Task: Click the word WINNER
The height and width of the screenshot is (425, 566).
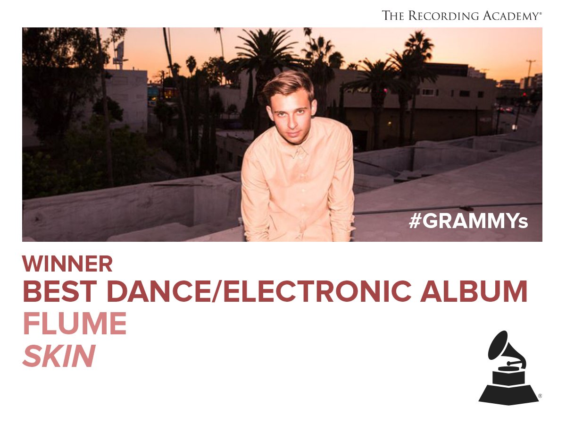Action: [67, 263]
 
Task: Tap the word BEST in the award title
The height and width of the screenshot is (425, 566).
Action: [60, 291]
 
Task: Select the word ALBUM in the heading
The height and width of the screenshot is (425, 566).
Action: [474, 291]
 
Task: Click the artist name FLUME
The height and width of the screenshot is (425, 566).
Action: [75, 323]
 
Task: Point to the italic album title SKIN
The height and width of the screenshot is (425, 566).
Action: [59, 356]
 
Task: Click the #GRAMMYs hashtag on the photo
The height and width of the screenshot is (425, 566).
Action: [468, 221]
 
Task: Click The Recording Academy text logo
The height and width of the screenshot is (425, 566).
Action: [462, 16]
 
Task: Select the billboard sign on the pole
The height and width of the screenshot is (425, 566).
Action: [119, 51]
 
